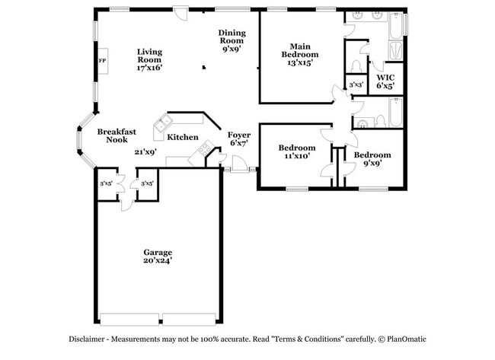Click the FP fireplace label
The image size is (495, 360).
[x=102, y=61]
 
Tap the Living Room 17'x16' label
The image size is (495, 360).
[x=149, y=59]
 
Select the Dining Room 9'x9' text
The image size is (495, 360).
[x=232, y=40]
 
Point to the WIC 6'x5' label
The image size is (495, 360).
[x=385, y=81]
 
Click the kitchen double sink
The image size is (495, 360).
[x=163, y=123]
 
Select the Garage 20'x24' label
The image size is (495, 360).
[x=158, y=256]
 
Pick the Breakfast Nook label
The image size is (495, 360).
[x=117, y=135]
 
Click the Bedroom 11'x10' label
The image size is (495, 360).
[x=296, y=151]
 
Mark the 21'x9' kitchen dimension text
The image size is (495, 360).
[x=145, y=151]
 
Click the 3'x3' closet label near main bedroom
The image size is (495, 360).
[x=356, y=84]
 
